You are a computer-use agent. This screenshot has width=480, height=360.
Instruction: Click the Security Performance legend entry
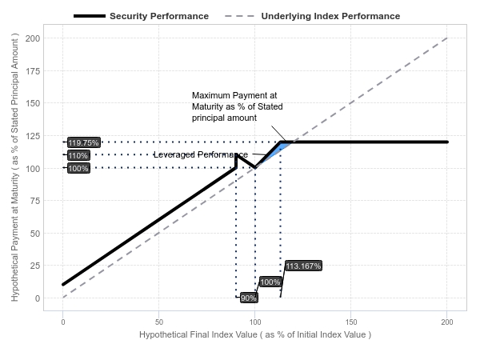coord(141,16)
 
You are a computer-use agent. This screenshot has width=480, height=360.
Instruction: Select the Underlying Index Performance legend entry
coord(312,16)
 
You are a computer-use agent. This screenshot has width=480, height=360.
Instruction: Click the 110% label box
coord(78,155)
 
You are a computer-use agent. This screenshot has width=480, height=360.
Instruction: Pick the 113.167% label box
coord(303,266)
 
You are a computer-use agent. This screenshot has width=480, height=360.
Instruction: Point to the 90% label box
coord(249,298)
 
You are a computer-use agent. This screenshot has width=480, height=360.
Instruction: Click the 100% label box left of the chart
coord(78,168)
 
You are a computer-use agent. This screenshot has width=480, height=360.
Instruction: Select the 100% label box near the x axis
coord(270,282)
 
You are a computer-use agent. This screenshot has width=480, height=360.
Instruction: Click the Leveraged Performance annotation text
coord(201,154)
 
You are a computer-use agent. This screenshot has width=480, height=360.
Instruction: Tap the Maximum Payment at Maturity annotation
coord(238,106)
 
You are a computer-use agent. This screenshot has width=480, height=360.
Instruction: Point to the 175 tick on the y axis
coord(33,71)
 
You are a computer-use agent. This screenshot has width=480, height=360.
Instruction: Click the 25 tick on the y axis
coord(35,266)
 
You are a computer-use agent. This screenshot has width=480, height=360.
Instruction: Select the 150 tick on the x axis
coord(351,322)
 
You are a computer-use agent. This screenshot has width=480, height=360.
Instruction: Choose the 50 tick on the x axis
coord(159,322)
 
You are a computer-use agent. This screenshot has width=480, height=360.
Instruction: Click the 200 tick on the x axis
coord(447,322)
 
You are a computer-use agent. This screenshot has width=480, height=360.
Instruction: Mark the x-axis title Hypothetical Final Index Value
coord(255,334)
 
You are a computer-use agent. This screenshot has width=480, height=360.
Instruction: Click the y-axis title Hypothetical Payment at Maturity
coord(14,167)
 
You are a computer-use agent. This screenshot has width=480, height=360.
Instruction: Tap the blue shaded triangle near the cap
coord(279,150)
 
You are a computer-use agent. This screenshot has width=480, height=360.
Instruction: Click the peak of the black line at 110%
coord(236,155)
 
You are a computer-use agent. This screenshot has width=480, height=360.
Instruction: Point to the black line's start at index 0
coord(63,285)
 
